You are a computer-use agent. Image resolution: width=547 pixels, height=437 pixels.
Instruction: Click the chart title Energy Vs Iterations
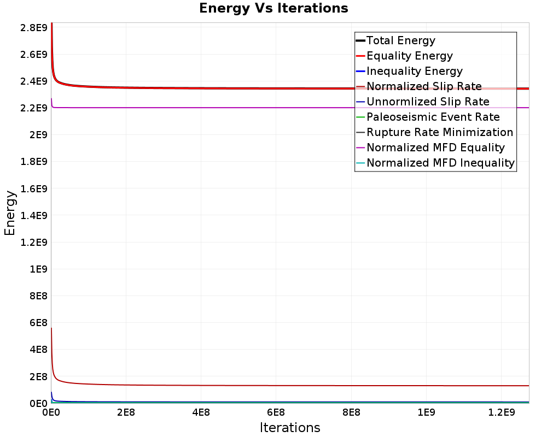click(x=273, y=8)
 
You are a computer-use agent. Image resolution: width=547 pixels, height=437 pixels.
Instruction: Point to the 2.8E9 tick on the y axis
click(x=34, y=27)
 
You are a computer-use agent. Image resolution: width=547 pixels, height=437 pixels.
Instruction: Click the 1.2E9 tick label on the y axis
click(x=34, y=242)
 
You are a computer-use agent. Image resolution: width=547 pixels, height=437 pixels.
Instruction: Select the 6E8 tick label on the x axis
click(x=276, y=412)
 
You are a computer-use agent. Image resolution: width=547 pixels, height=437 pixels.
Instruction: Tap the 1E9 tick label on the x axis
click(x=426, y=412)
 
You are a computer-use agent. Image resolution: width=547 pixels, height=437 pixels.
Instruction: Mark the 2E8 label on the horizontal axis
click(x=126, y=412)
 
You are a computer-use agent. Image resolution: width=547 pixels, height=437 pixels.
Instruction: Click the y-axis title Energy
click(x=10, y=213)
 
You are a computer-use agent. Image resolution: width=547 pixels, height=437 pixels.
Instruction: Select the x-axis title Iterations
click(x=290, y=427)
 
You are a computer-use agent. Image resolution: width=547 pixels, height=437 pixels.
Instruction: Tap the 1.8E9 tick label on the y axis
click(x=34, y=162)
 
